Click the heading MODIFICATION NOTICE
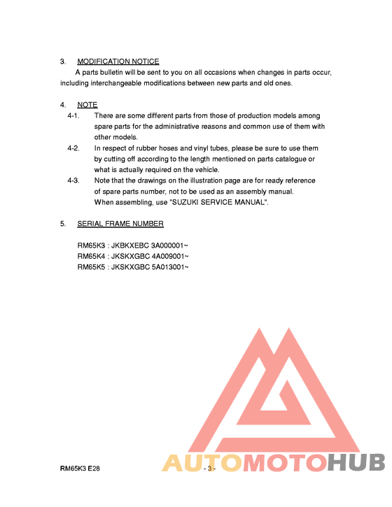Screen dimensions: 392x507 pyautogui.click(x=118, y=62)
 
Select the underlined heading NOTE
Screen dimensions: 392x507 pyautogui.click(x=87, y=105)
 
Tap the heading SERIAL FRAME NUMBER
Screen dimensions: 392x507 pyautogui.click(x=120, y=224)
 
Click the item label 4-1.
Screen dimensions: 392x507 pyautogui.click(x=73, y=115)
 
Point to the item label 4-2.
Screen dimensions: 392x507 pyautogui.click(x=73, y=148)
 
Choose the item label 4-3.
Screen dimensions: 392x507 pyautogui.click(x=73, y=180)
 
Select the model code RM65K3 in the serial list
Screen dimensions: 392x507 pyautogui.click(x=90, y=246)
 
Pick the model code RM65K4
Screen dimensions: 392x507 pyautogui.click(x=90, y=257)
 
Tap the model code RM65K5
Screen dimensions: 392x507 pyautogui.click(x=90, y=267)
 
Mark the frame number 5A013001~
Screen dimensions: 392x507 pyautogui.click(x=170, y=267)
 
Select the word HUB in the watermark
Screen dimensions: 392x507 pyautogui.click(x=356, y=463)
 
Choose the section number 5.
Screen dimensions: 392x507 pyautogui.click(x=63, y=224)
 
